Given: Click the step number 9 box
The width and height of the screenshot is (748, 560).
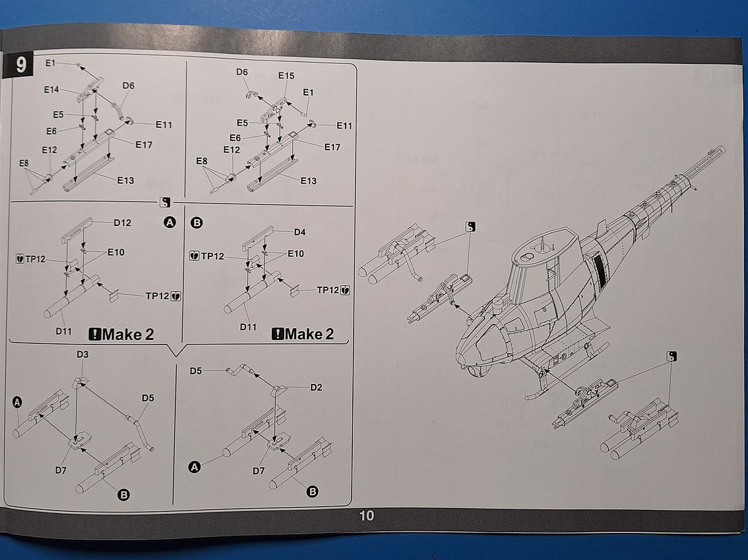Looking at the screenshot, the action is tap(20, 66).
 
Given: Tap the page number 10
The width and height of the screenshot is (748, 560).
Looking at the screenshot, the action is tap(367, 516).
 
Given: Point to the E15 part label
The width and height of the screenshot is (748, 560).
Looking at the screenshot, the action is tap(286, 76).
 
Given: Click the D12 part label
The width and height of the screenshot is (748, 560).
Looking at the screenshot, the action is tap(122, 223).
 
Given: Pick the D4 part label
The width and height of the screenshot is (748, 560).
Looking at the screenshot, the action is tap(299, 232).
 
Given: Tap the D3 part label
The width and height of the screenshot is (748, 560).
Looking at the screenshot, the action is tap(82, 354).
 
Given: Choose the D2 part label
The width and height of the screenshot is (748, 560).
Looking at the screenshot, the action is tap(316, 387).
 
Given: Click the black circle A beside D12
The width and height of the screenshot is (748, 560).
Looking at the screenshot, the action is tap(170, 223).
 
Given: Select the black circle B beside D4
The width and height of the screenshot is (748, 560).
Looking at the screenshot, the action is tap(196, 223).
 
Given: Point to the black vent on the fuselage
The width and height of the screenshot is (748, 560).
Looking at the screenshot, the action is tap(599, 266).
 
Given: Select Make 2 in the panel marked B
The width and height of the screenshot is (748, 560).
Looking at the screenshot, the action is tap(303, 334).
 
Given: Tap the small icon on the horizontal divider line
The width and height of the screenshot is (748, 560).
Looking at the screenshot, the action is tap(165, 203).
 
